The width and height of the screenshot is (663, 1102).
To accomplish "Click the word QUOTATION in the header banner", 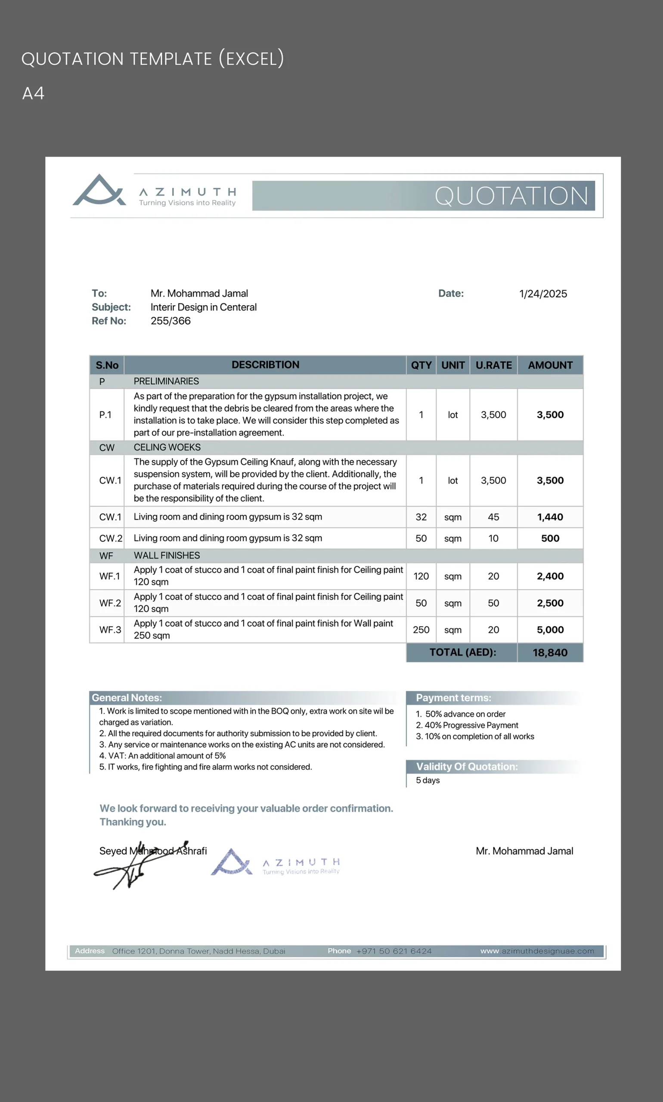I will point(511,196).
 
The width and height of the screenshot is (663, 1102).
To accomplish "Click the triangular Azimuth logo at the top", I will point(99,191).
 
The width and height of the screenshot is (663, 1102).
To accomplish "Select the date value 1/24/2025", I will point(543,294).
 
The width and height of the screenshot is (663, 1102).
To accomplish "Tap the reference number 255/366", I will point(170,321).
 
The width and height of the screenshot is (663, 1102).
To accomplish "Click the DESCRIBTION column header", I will point(265,365).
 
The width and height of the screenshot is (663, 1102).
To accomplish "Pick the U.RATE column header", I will point(494,365).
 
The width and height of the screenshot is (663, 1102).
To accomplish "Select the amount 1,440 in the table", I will point(550,517).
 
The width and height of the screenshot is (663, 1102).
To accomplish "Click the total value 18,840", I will point(550,653).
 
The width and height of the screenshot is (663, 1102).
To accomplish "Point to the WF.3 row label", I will point(110,630).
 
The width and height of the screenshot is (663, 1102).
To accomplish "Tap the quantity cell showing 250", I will point(421,630).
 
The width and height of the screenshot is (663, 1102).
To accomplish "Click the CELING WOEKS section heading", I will point(167,447).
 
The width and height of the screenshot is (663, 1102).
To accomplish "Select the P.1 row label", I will point(105,415).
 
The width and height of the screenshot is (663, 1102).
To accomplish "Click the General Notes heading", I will point(127,698).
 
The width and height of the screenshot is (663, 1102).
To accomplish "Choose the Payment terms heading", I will point(453,698).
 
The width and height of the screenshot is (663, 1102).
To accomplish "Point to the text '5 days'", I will point(428,780).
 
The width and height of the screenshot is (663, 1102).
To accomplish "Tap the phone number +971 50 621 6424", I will point(394,951).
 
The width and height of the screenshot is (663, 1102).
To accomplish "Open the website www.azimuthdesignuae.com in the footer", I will point(537,951).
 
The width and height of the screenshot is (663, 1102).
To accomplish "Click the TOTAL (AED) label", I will point(463,652).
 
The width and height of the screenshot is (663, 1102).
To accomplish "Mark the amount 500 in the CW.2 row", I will point(550,538).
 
